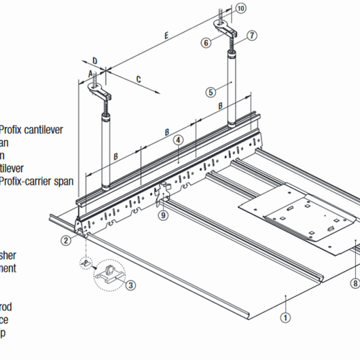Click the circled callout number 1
(x=285, y=315)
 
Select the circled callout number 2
(x=65, y=240)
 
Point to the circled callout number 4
(x=177, y=140)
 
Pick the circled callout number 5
(x=211, y=91)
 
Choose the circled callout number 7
(x=251, y=34)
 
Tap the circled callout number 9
(x=162, y=216)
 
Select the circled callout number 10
(x=241, y=8)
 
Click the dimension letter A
(x=90, y=72)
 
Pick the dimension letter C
(x=139, y=79)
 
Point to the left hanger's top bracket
(x=102, y=92)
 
